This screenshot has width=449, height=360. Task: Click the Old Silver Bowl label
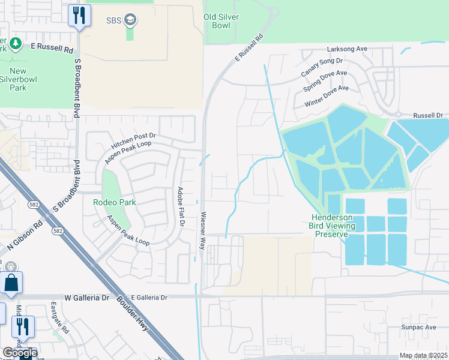pyautogui.click(x=221, y=22)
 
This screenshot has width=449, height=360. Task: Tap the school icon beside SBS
pyautogui.click(x=130, y=21)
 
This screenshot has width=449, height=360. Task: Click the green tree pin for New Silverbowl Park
pyautogui.click(x=16, y=44)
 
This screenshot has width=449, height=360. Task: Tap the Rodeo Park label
pyautogui.click(x=114, y=202)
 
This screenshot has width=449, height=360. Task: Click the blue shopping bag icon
pyautogui.click(x=11, y=283)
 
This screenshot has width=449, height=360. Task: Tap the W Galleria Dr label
pyautogui.click(x=88, y=297)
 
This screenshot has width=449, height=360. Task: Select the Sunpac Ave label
pyautogui.click(x=419, y=328)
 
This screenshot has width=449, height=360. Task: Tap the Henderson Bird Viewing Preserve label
pyautogui.click(x=333, y=226)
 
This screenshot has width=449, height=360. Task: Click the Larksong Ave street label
pyautogui.click(x=346, y=49)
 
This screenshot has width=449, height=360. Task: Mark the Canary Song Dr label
pyautogui.click(x=321, y=67)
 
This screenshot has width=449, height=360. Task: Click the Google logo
pyautogui.click(x=19, y=353)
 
